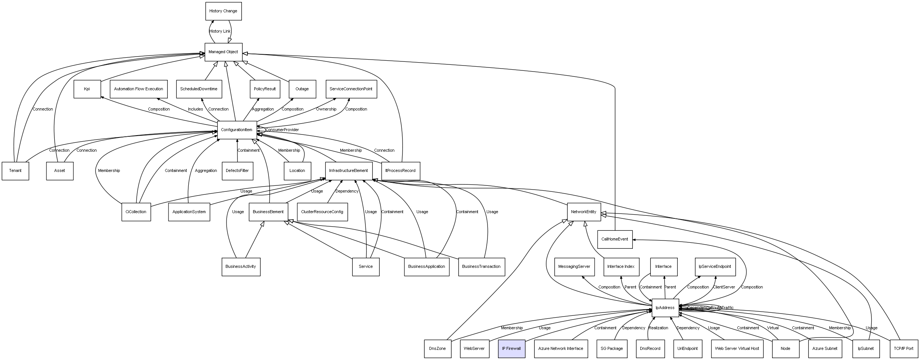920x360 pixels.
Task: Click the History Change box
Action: coord(223,11)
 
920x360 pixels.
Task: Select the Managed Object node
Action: coord(223,52)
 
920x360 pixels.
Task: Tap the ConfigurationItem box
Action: coord(237,130)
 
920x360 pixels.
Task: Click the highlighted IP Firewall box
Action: coord(511,348)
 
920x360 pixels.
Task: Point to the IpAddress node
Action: coord(665,308)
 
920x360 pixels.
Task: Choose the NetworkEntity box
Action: coord(583,212)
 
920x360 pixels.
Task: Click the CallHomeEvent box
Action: coord(614,239)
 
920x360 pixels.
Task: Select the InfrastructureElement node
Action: coord(348,171)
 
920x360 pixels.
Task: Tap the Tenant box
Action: coord(15,171)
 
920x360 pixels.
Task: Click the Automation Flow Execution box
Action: coord(139,89)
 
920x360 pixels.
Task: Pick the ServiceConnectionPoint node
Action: coord(351,89)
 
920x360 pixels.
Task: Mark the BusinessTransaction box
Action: coord(481,267)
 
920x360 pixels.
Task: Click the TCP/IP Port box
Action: coord(904,348)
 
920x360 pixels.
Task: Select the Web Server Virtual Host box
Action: coord(737,348)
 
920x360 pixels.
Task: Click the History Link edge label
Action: coord(220,31)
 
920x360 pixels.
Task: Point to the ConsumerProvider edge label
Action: coord(282,130)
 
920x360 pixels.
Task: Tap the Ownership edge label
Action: coord(326,109)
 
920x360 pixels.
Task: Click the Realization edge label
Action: coord(658,328)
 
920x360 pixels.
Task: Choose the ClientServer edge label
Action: coord(724,287)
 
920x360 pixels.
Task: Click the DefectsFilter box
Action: coord(237,171)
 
